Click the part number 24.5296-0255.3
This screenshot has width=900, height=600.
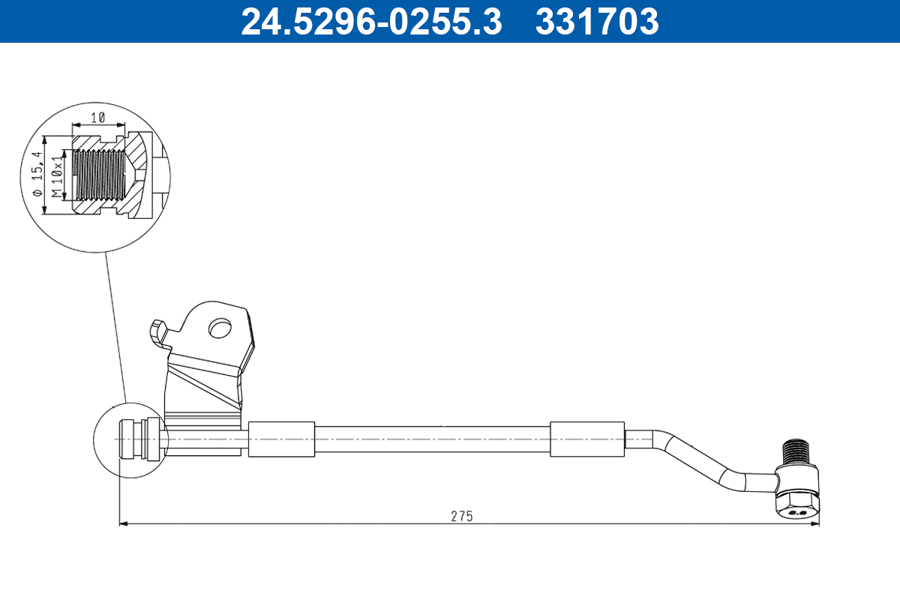[370, 21]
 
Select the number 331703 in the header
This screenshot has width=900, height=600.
[596, 21]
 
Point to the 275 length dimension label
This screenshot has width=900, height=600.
[461, 516]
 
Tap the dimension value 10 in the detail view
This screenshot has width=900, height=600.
[97, 118]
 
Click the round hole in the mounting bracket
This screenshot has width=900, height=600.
[220, 328]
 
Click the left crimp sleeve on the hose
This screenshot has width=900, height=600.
[281, 439]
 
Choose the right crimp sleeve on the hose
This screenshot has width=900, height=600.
[587, 439]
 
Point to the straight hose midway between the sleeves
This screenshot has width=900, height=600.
[433, 439]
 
